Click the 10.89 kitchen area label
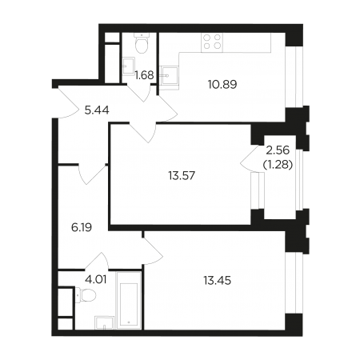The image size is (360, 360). [x=222, y=85]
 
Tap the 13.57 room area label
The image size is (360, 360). [x=182, y=176]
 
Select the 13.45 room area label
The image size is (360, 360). [x=218, y=281]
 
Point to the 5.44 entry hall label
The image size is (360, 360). [x=97, y=110]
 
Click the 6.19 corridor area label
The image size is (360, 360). [x=82, y=227]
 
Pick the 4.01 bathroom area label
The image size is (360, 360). [x=96, y=280]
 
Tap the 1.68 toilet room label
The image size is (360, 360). [x=144, y=75]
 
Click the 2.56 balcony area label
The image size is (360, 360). [x=278, y=150]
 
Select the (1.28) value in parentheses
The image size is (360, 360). [x=278, y=165]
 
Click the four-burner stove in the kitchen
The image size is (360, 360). [x=212, y=42]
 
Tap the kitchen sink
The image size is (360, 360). [x=169, y=76]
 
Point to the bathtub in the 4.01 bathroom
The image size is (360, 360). [x=129, y=301]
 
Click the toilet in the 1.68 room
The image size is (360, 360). [x=142, y=43]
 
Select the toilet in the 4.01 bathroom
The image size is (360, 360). [x=86, y=295]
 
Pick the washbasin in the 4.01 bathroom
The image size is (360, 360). [x=105, y=323]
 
